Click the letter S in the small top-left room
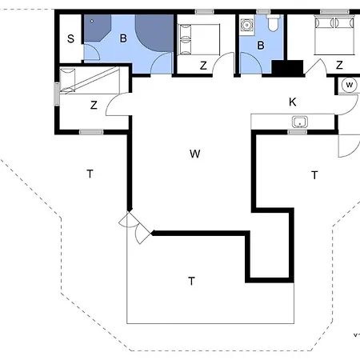[70, 38]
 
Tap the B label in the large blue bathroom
[124, 38]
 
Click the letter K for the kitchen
[292, 101]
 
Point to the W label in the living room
[194, 154]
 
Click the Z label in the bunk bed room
[94, 104]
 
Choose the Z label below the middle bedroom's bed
[203, 65]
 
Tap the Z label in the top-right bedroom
[339, 65]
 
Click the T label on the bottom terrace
[191, 281]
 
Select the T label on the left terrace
[90, 173]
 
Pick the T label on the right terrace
[314, 174]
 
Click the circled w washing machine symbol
[350, 85]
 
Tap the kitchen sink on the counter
[300, 122]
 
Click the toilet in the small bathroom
[273, 25]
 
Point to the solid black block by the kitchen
[286, 69]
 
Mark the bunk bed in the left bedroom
[90, 81]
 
